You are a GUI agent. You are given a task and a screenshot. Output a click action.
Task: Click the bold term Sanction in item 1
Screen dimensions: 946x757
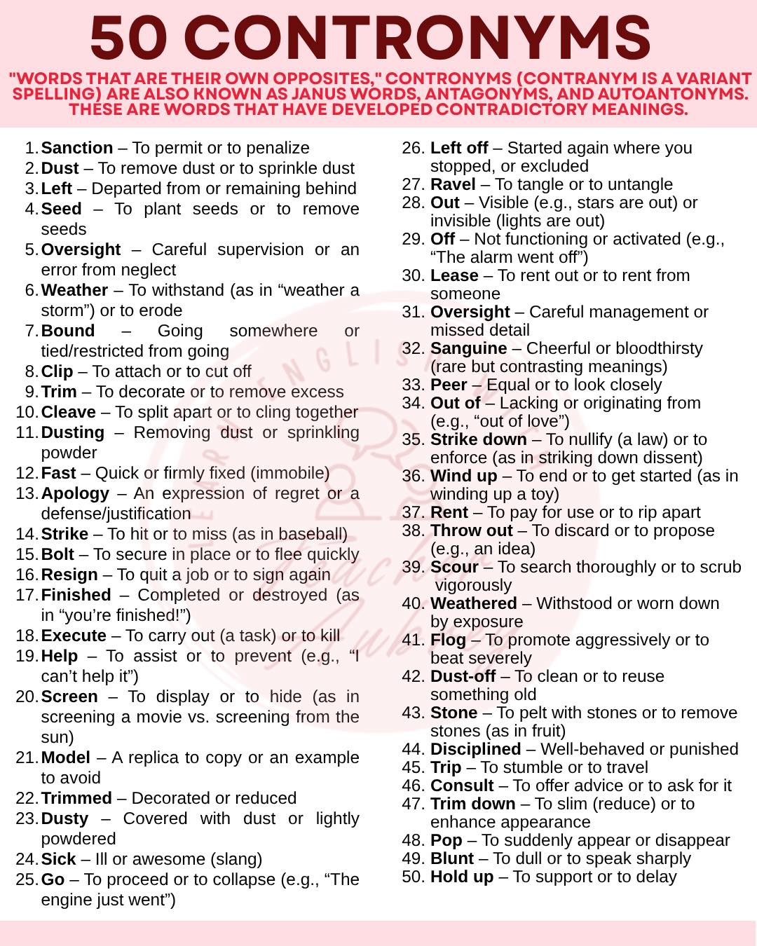pyautogui.click(x=77, y=148)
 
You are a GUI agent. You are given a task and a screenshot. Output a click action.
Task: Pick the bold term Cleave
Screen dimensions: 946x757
pyautogui.click(x=69, y=412)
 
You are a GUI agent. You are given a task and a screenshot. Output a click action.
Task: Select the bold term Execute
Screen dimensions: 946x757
pyautogui.click(x=74, y=636)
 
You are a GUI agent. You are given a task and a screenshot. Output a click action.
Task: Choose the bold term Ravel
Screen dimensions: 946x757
pyautogui.click(x=453, y=184)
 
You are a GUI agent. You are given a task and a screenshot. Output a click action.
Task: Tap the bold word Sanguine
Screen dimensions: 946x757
pyautogui.click(x=468, y=348)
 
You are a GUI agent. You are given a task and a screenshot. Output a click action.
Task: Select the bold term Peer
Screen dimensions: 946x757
pyautogui.click(x=449, y=385)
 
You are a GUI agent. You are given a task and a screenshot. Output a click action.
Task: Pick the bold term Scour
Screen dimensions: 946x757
pyautogui.click(x=454, y=567)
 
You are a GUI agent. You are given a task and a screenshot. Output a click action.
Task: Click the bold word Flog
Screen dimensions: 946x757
pyautogui.click(x=448, y=640)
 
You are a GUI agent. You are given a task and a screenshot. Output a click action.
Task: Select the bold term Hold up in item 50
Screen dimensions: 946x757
pyautogui.click(x=462, y=877)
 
